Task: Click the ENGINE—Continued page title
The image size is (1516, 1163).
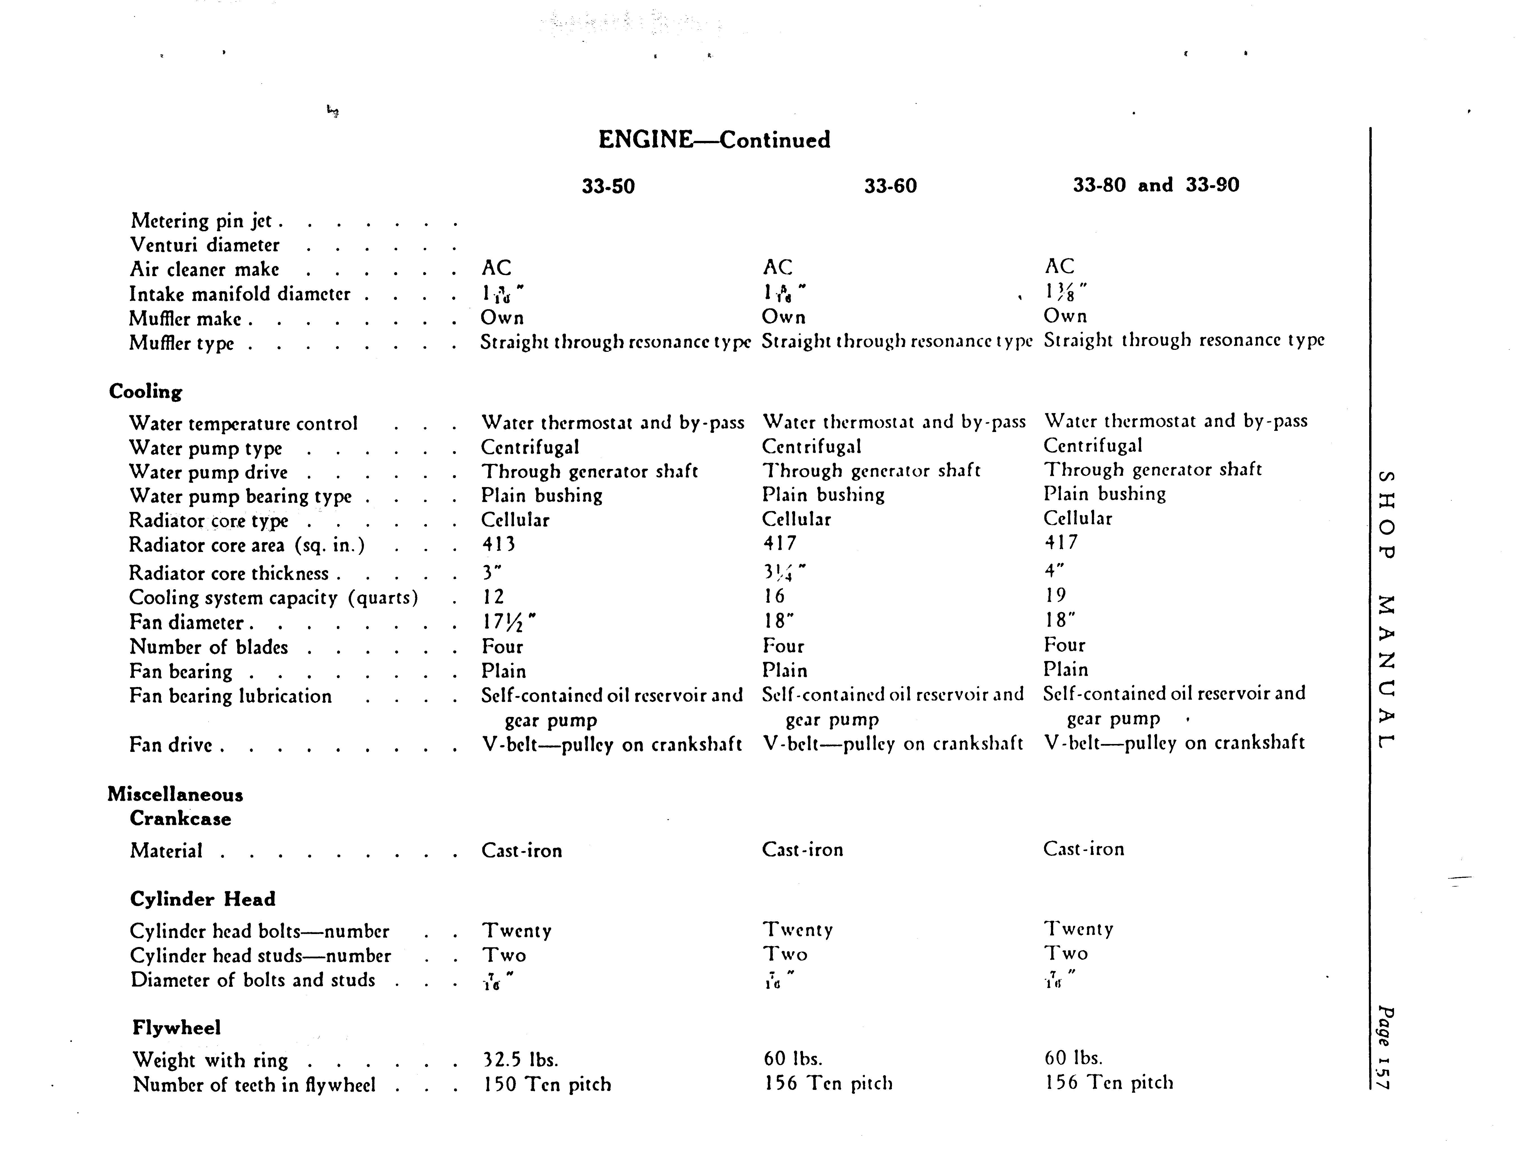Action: click(714, 140)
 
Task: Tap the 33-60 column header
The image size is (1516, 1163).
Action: click(890, 186)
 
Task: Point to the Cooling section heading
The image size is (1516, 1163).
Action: click(145, 392)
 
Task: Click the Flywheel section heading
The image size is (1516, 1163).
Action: click(176, 1027)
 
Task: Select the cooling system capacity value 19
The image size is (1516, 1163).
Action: click(1056, 595)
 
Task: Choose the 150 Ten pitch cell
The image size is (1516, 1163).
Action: click(547, 1084)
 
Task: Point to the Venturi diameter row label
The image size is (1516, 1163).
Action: click(205, 245)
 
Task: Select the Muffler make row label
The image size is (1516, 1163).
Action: click(186, 319)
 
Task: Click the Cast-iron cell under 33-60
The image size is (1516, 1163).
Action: click(802, 850)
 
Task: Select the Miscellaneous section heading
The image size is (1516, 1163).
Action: click(175, 795)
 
